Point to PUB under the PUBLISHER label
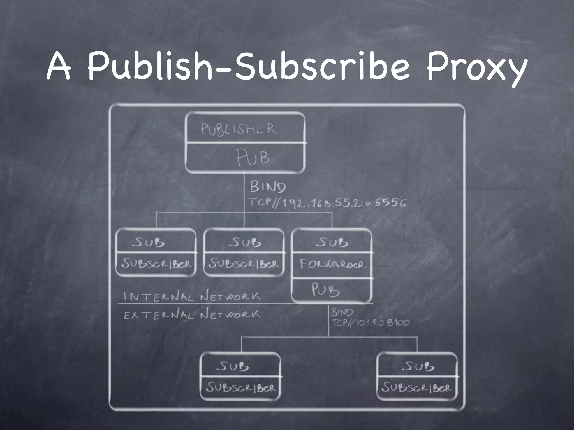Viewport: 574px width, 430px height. pos(252,158)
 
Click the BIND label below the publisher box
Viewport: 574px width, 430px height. pos(268,187)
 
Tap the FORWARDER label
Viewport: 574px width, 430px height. pos(333,264)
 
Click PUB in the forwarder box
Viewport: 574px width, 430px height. pos(325,290)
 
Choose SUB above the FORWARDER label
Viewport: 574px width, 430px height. pos(332,242)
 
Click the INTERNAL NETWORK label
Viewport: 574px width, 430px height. pos(192,296)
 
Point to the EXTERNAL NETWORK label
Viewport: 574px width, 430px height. pos(192,315)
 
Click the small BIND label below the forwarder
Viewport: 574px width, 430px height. pos(342,312)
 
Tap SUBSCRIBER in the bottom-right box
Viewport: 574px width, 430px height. pos(417,388)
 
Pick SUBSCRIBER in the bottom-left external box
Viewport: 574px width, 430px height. pos(241,388)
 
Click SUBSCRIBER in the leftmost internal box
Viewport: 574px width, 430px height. pos(156,264)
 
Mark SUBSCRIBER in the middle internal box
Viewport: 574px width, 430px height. pos(244,264)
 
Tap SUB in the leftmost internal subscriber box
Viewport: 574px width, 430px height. pos(149,242)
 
